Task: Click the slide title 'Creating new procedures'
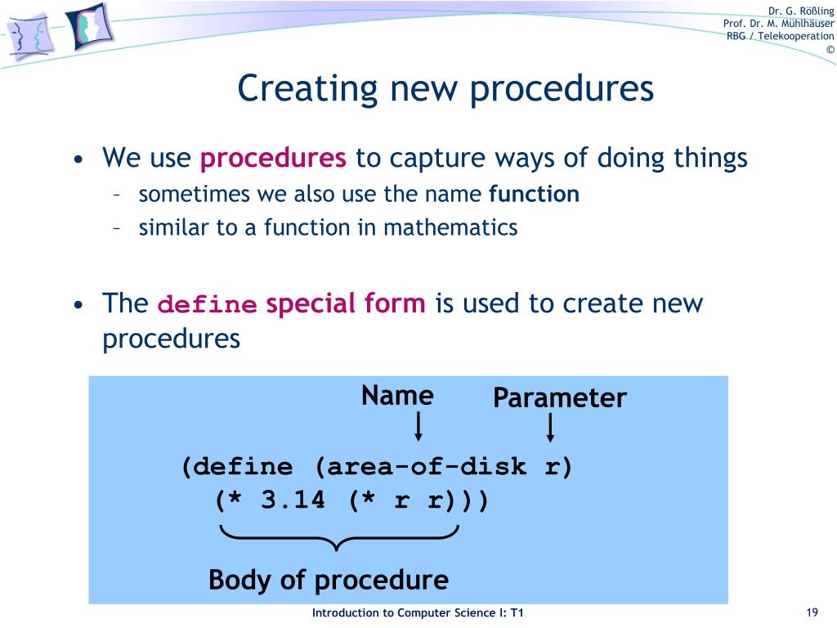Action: (x=445, y=88)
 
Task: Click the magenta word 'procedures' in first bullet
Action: (x=273, y=158)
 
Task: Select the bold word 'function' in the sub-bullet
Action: (x=534, y=195)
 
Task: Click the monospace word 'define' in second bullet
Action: (x=207, y=305)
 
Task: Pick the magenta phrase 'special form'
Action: (x=346, y=304)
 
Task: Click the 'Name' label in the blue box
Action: (x=397, y=396)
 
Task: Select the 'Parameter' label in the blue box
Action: (x=559, y=398)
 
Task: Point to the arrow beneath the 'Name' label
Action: (x=418, y=428)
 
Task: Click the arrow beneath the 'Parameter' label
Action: (x=550, y=428)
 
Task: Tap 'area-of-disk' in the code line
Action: (x=421, y=468)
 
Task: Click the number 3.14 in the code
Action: (x=293, y=500)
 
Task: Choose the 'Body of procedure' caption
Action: (x=328, y=581)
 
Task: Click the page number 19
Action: (x=812, y=613)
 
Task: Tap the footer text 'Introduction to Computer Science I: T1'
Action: (x=418, y=613)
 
